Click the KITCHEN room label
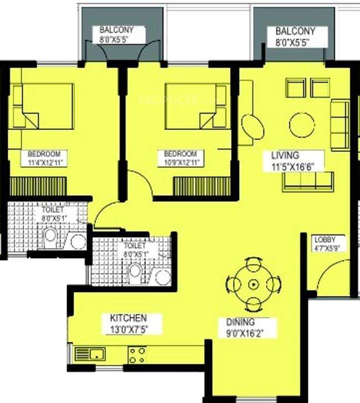tap(128, 318)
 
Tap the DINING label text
tap(240, 322)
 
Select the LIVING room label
tap(285, 155)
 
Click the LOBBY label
tap(325, 239)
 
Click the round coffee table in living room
tap(302, 125)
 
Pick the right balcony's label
tap(295, 32)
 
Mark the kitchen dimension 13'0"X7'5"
tap(128, 328)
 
